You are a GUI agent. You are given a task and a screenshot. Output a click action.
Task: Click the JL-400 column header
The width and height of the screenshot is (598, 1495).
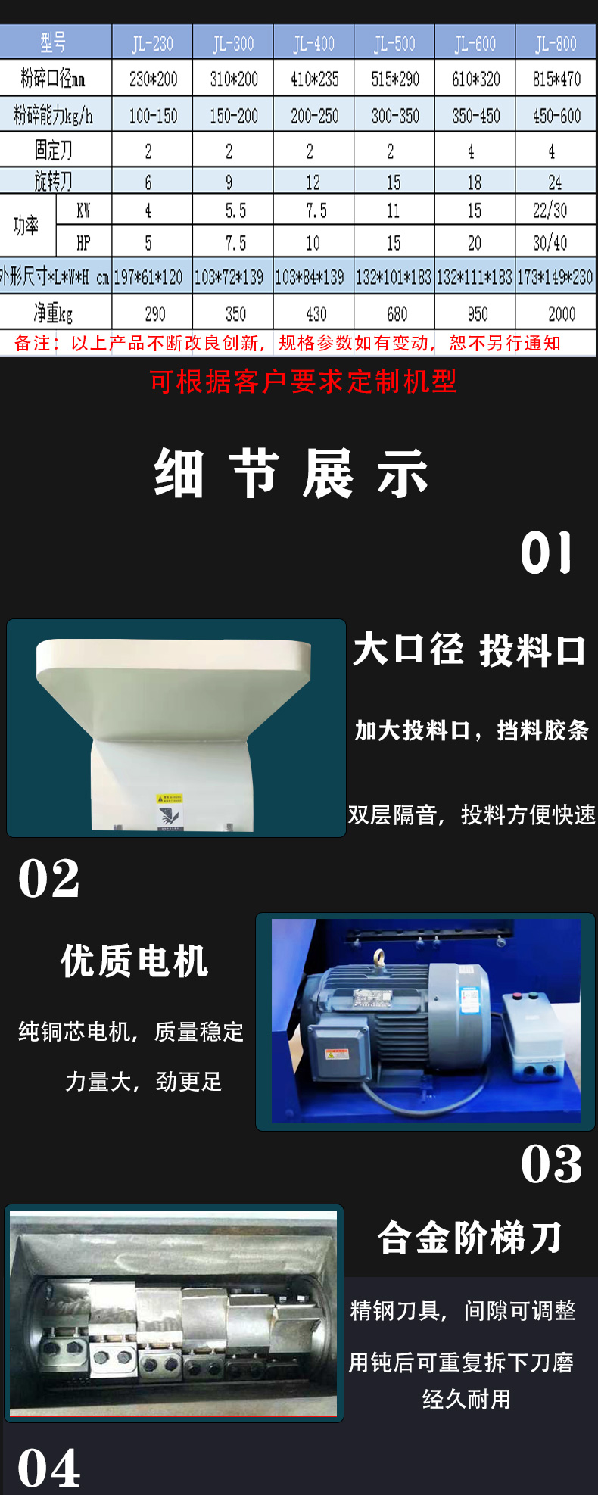tap(313, 43)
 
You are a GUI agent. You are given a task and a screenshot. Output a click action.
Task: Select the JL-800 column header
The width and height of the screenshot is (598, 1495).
tap(556, 43)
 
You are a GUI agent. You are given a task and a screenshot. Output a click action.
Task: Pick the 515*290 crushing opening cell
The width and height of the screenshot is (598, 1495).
tap(395, 79)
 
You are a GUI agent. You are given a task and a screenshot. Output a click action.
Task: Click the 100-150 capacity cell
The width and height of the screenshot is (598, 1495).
tap(153, 116)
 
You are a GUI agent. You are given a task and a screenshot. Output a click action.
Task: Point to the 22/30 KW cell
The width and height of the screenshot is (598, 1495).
tap(550, 210)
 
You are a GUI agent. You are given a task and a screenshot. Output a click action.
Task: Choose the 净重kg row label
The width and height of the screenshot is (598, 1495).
tap(53, 313)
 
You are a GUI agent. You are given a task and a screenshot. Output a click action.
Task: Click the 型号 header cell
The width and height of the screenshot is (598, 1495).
tap(53, 42)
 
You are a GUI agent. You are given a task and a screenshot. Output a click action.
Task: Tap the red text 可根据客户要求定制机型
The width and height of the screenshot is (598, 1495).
tap(304, 382)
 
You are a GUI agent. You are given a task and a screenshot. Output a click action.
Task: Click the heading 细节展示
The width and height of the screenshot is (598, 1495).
tap(291, 473)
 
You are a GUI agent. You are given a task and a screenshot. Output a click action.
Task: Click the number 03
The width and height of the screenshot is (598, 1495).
tap(552, 1163)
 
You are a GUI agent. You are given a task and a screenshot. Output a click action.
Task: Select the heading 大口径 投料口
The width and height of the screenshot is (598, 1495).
tap(469, 650)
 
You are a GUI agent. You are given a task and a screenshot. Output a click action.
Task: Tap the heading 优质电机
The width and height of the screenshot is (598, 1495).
tap(135, 961)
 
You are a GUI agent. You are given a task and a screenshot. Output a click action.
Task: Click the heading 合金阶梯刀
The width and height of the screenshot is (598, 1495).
tap(470, 1238)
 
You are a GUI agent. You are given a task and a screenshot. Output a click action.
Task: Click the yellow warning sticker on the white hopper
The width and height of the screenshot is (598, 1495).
tap(170, 799)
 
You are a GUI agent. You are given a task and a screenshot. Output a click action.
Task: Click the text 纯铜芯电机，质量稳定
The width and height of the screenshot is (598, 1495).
tap(131, 1032)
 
